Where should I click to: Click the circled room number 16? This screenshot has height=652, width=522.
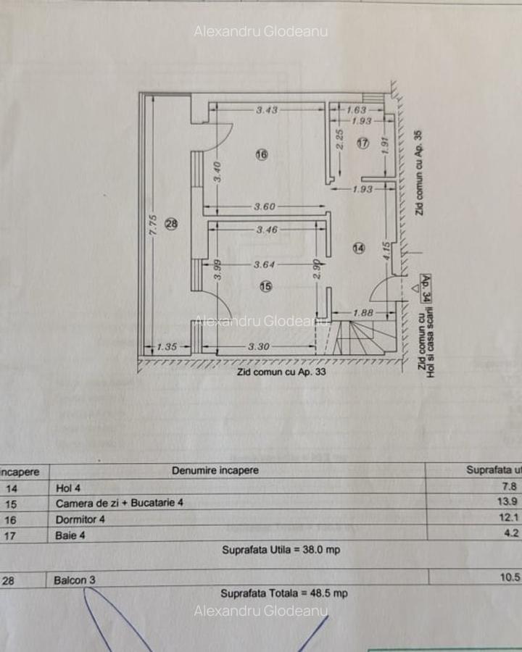[x=262, y=154]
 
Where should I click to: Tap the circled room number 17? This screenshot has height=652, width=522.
[x=363, y=143]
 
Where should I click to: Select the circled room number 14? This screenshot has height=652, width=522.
[x=358, y=248]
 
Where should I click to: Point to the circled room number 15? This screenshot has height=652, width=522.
[x=265, y=286]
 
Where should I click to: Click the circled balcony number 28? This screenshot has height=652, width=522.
[x=171, y=224]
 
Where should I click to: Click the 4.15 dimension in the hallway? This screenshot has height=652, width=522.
[x=388, y=251]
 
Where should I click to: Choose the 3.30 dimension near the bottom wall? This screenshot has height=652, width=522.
[x=259, y=347]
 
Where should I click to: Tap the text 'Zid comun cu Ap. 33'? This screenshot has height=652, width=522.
[x=281, y=372]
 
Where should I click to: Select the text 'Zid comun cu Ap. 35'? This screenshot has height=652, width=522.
[x=418, y=172]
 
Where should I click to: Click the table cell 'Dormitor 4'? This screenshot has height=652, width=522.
[x=80, y=519]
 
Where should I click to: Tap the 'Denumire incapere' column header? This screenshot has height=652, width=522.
[x=215, y=470]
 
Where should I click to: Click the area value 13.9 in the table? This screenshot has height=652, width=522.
[x=510, y=503]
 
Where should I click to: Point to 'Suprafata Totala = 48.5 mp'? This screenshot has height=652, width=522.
[x=284, y=593]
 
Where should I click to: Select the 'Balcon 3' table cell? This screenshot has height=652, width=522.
[x=75, y=580]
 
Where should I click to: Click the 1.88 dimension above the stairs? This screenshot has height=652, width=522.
[x=364, y=313]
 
